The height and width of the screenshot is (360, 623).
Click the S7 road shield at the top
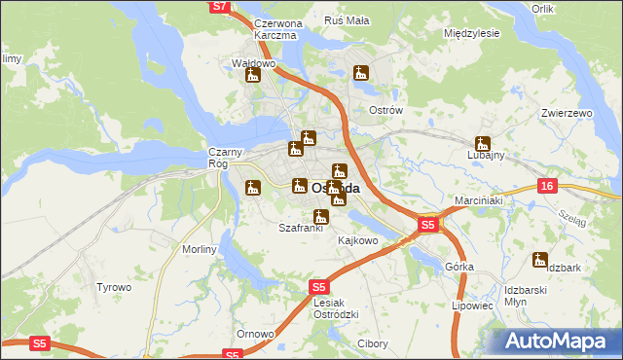[x=220, y=7]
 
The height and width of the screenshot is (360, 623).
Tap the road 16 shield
[x=546, y=186]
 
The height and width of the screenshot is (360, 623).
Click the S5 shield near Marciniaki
[x=427, y=225]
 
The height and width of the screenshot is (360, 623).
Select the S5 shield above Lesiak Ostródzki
[x=318, y=287]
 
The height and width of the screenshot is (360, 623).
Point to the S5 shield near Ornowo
[x=232, y=355]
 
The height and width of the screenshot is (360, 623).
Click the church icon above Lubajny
[x=482, y=143]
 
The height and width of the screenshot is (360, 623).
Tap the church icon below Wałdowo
[x=253, y=75]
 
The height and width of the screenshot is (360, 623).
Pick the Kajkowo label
[x=357, y=240]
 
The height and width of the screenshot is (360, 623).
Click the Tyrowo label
[x=113, y=288]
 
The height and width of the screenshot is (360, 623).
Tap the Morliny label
[x=200, y=249]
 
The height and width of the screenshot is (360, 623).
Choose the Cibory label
[x=373, y=343]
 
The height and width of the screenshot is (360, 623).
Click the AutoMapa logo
[x=557, y=341]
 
